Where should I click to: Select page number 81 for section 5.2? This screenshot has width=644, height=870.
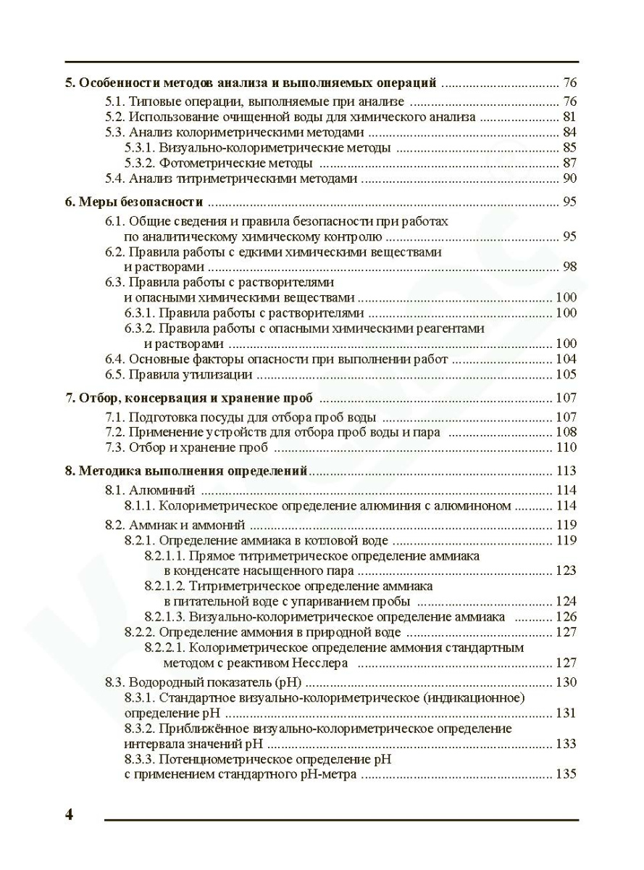(569, 117)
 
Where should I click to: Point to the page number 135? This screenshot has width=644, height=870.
(566, 774)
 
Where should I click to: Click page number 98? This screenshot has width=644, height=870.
(569, 267)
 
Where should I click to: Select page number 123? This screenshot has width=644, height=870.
(566, 571)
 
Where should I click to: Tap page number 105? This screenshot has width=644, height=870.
(566, 375)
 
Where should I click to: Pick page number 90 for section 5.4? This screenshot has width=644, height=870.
(569, 178)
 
